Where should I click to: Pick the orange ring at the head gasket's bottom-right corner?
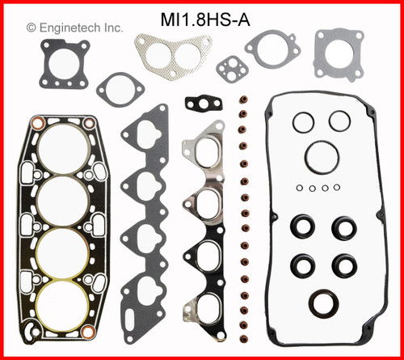point(90,333)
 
